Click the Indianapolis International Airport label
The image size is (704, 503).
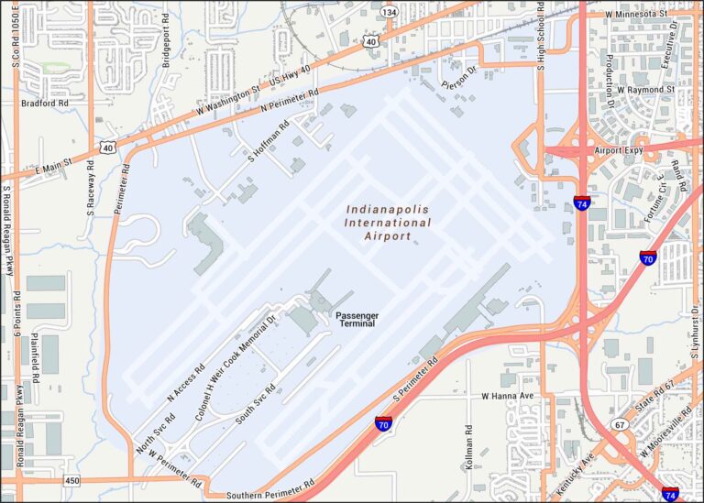click(x=388, y=223)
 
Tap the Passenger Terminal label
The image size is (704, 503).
click(x=357, y=319)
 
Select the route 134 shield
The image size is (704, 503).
click(x=390, y=12)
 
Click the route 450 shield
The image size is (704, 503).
click(x=71, y=481)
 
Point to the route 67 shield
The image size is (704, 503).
click(x=620, y=425)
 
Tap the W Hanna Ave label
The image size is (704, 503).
click(x=507, y=396)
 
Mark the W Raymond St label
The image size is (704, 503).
click(x=644, y=91)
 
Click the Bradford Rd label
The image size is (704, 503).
click(x=45, y=104)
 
